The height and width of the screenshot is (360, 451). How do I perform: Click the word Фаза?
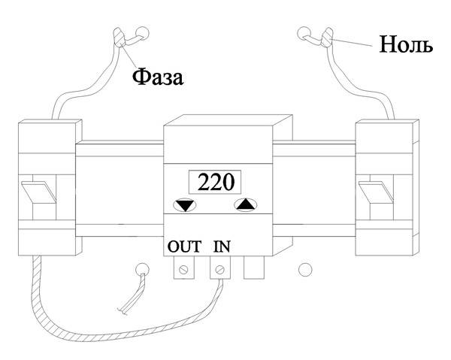coord(158,77)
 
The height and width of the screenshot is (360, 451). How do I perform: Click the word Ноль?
coord(406,44)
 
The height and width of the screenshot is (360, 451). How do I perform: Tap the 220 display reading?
coord(216,183)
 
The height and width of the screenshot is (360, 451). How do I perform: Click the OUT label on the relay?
coord(184,247)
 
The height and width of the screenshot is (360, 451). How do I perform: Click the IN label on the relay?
coord(222,247)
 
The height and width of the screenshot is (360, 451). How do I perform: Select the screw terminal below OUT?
coord(184,268)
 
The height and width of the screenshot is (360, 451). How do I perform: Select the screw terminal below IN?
coord(220,268)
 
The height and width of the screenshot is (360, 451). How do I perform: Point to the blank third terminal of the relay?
coord(254,268)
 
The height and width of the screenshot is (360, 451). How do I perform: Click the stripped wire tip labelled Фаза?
coord(120,37)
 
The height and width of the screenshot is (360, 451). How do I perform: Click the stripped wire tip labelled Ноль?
coord(327,37)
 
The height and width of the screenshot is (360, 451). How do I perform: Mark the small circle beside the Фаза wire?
coord(142,33)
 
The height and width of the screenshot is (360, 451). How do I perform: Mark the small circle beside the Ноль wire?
coord(304,33)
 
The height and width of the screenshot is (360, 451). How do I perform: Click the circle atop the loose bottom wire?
coord(142,269)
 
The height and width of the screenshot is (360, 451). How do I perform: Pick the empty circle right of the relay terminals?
coord(305,269)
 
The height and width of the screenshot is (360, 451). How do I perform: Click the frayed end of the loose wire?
coord(123,311)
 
